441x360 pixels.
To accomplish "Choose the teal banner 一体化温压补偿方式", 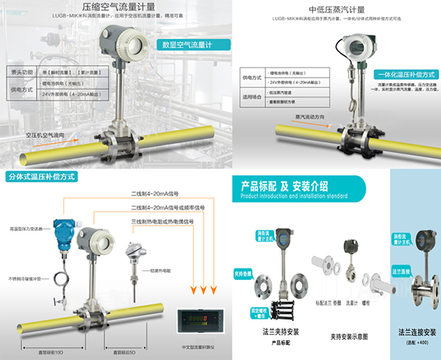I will (406, 74).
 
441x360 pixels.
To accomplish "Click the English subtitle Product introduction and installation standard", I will (298, 196).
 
